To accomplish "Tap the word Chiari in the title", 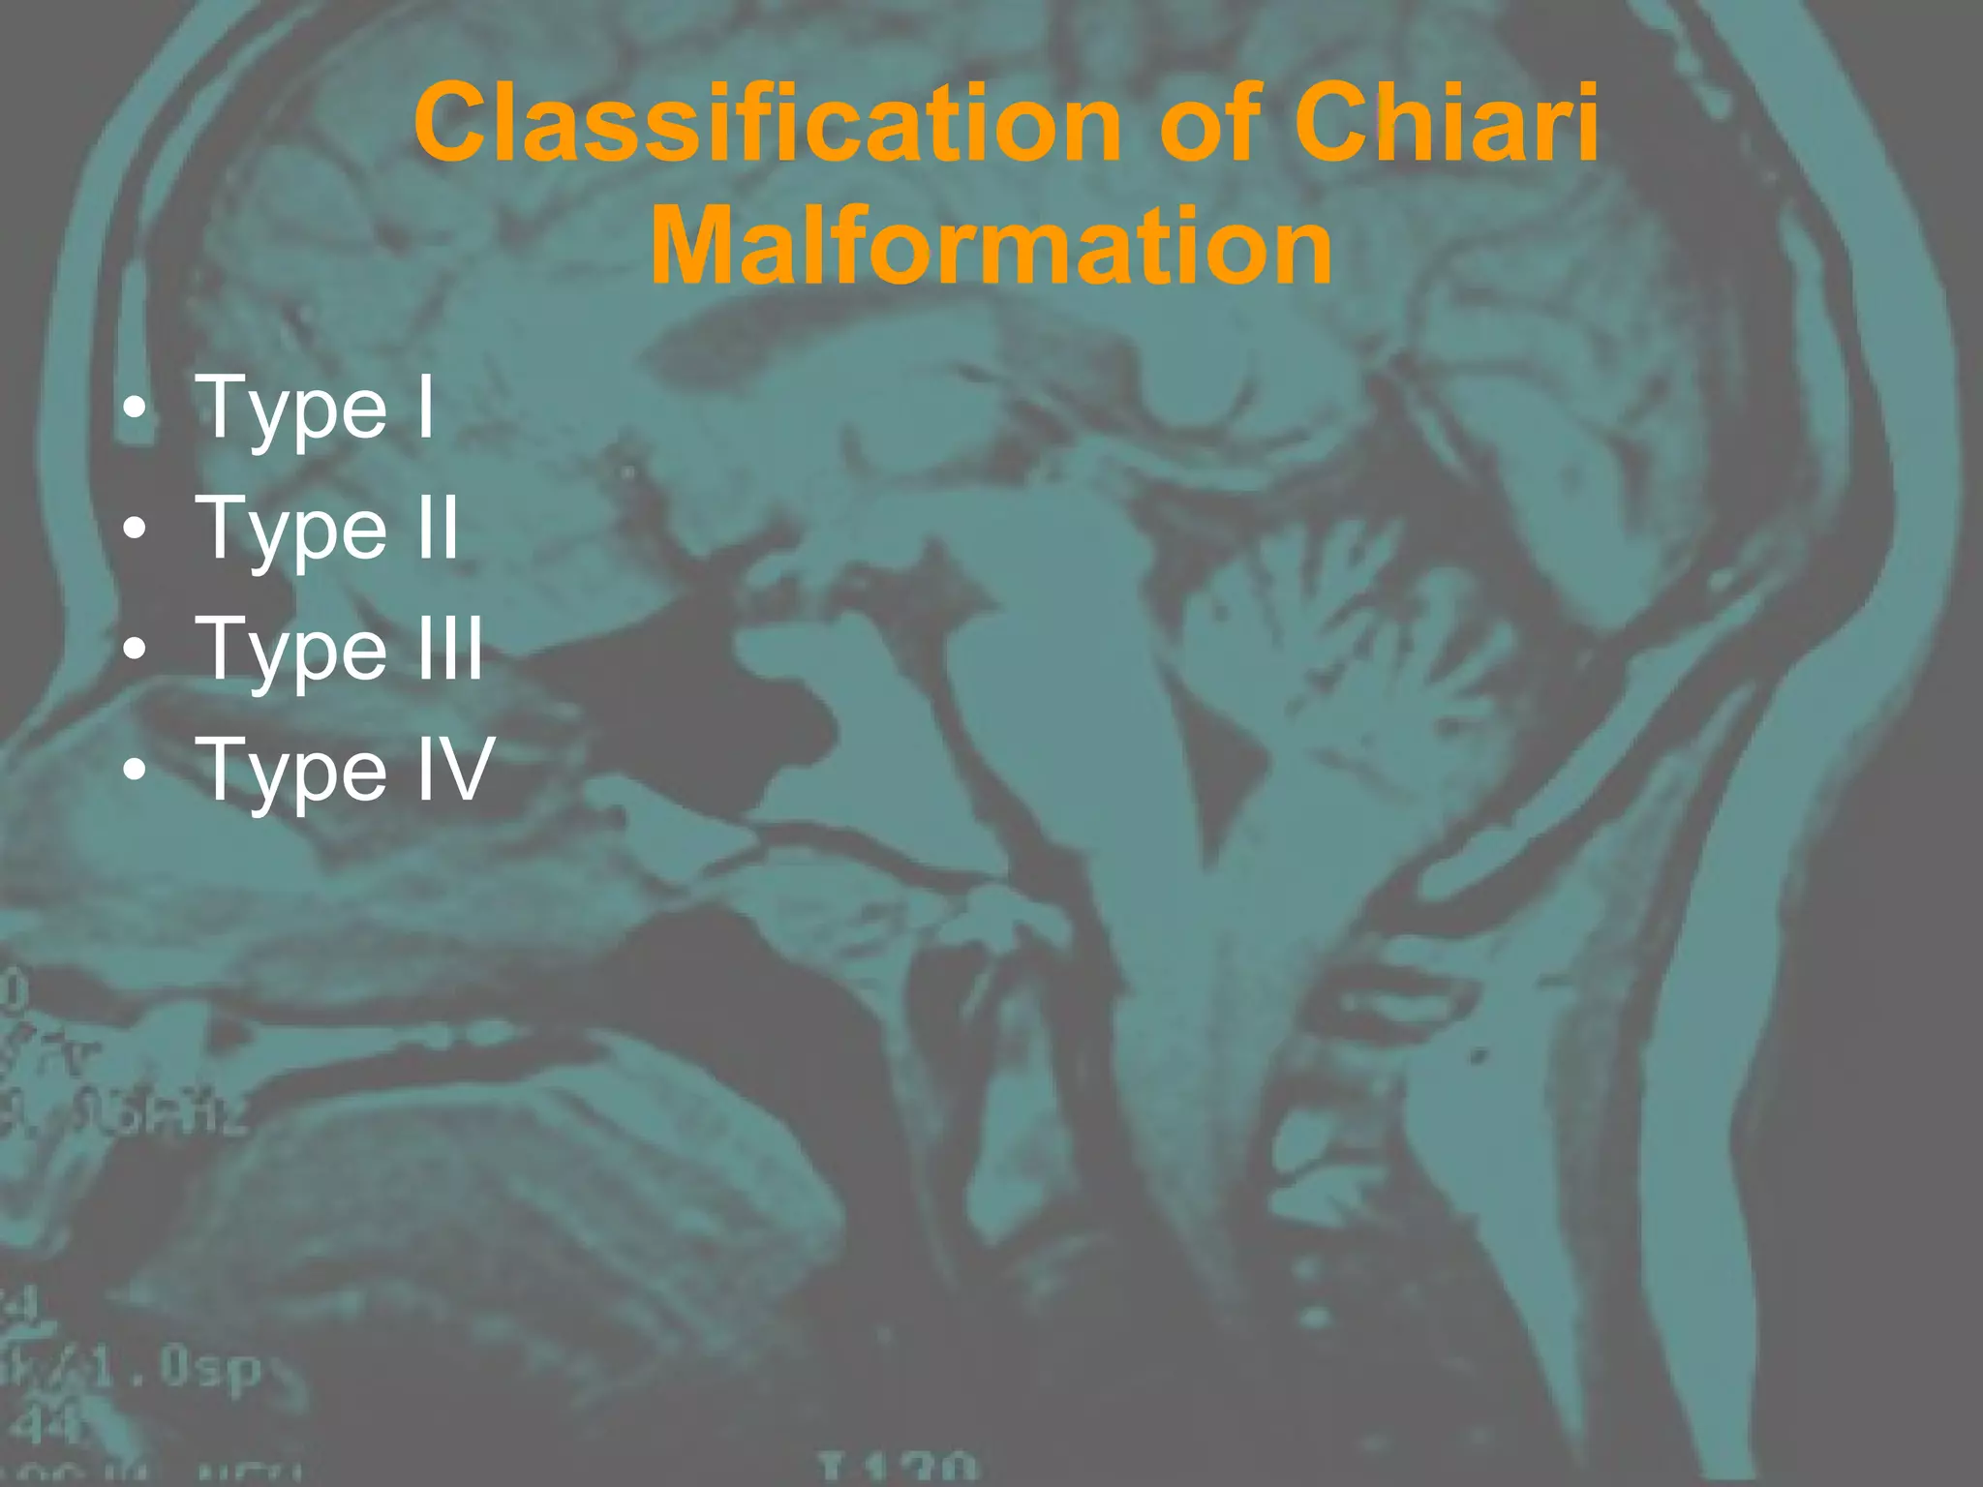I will point(1446,124).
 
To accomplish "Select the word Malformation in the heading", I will point(991,246).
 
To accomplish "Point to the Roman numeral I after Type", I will point(425,407).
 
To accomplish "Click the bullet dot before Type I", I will point(136,410).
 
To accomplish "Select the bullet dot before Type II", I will point(136,531).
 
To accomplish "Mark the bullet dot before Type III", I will point(136,652).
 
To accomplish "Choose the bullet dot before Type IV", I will point(136,773).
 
